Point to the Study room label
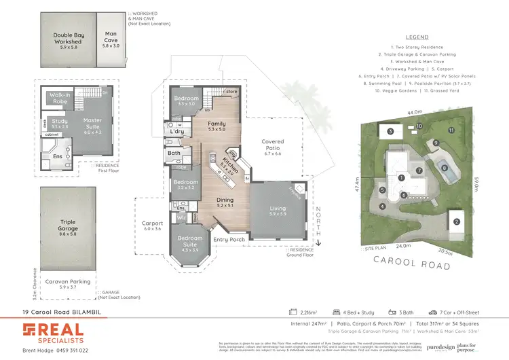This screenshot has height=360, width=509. pos(58,123)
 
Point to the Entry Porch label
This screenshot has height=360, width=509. pos(229,240)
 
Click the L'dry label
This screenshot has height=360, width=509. pos(178,131)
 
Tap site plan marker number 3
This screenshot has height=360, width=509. pos(390,131)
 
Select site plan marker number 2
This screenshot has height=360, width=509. pos(457,221)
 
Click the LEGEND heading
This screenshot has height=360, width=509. pos(417,37)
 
